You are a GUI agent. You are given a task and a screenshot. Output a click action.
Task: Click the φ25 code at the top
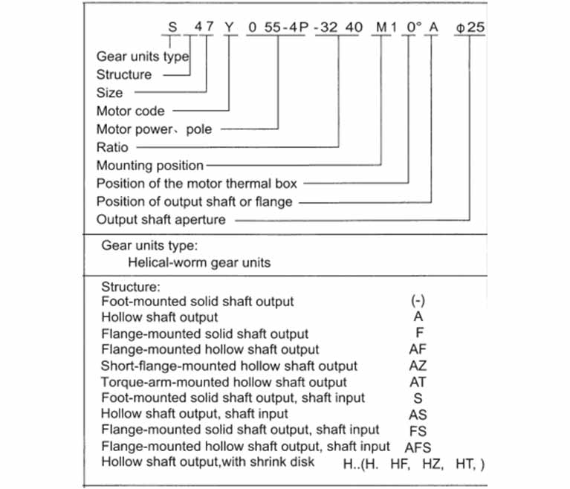pos(470,27)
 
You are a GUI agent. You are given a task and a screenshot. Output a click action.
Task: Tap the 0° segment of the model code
pos(414,27)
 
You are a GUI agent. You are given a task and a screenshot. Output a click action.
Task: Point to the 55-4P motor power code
pos(286,27)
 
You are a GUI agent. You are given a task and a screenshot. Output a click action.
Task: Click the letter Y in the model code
pos(229,27)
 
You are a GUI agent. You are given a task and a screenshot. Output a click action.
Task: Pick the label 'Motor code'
pos(131,111)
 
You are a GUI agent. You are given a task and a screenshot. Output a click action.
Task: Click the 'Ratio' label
pos(112,147)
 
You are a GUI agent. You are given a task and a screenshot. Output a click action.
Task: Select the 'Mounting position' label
pos(150,166)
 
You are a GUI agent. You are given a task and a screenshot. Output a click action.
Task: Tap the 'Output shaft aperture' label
pos(161,219)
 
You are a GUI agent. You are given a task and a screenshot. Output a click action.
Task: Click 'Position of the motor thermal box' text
pos(197,184)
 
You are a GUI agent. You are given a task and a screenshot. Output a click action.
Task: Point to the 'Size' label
pos(109,93)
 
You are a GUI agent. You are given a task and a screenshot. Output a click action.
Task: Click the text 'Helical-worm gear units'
pos(199,262)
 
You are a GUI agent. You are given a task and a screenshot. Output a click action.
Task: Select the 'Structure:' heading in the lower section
pos(131,287)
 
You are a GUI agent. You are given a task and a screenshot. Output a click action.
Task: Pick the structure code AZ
pos(418,366)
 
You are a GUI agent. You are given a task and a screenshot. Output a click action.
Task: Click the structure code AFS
pos(418,447)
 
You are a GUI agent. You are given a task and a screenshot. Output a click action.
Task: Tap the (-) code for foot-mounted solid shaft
pos(418,301)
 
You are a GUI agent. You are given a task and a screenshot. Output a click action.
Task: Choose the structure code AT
pos(418,382)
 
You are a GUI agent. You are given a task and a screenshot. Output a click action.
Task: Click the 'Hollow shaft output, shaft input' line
pos(195,414)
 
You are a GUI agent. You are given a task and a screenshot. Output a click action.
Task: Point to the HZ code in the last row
pos(433,464)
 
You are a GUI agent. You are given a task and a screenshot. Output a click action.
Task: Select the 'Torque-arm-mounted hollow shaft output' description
pos(224,382)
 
